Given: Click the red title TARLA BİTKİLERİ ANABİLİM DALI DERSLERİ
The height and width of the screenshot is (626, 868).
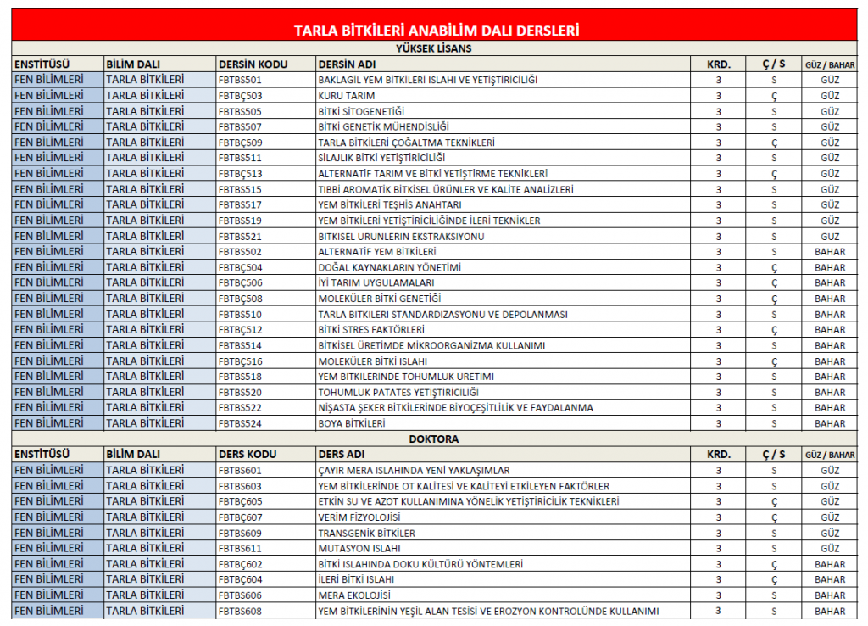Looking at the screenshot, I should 436,31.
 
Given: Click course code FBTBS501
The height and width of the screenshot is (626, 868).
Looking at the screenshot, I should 240,80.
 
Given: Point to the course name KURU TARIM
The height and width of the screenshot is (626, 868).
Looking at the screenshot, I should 347,96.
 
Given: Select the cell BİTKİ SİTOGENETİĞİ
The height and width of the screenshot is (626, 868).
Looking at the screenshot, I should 361,111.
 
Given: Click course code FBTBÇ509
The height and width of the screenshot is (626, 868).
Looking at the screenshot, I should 240,143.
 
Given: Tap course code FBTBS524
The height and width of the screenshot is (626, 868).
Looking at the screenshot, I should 240,423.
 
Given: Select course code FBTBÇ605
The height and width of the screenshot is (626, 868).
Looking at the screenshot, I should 240,502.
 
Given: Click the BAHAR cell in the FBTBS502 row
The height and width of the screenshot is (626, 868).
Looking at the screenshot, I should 830,252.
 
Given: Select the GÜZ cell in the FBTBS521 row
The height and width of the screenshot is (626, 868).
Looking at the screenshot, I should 830,237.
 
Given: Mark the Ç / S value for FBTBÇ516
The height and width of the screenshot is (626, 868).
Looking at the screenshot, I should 774,361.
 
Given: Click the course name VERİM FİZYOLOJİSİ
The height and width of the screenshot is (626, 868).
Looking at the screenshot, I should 359,517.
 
